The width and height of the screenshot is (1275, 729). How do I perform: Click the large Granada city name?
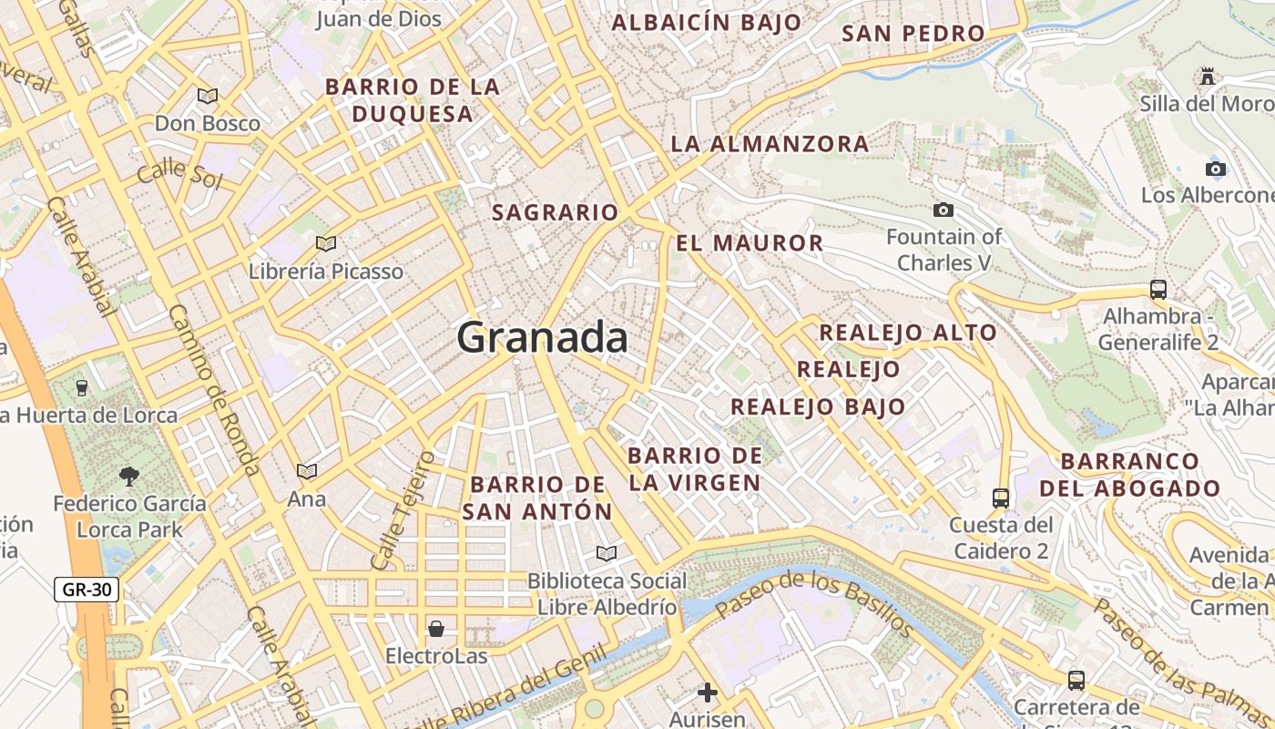(542, 338)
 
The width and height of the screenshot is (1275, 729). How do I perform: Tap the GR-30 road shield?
(87, 590)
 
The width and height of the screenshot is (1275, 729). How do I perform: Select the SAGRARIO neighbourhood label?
(555, 213)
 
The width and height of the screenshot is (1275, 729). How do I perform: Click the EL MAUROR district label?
(750, 243)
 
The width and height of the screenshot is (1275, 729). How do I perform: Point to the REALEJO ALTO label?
(907, 333)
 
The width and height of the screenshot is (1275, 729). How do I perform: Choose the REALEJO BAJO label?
(817, 406)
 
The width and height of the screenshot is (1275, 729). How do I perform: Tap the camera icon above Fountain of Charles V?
(943, 210)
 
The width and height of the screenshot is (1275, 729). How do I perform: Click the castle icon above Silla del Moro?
(1208, 77)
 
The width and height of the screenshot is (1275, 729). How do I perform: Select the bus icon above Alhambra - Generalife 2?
(1158, 290)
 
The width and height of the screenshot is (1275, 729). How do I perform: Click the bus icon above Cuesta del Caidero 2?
(1001, 498)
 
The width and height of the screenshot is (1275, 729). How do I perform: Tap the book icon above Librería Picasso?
(325, 243)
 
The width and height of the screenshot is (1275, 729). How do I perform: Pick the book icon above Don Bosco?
(208, 96)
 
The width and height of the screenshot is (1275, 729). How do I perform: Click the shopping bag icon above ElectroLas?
(436, 629)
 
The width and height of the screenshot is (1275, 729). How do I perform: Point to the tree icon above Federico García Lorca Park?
(129, 475)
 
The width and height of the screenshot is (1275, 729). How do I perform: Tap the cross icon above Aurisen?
(708, 693)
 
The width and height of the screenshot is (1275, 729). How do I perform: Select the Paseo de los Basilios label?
(814, 602)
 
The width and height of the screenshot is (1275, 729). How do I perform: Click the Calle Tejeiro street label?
(402, 510)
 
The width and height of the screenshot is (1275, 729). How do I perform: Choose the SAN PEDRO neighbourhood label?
(913, 34)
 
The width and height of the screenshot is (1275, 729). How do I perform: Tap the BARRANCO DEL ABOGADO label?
(1129, 474)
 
